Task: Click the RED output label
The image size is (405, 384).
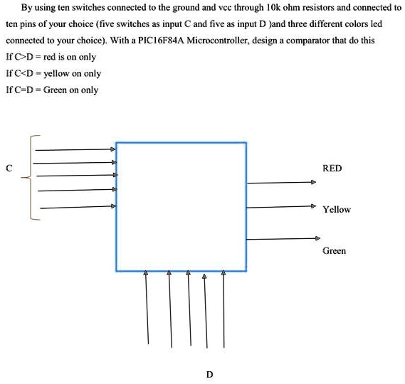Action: coord(332,169)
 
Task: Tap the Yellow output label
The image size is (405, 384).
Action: coord(337,209)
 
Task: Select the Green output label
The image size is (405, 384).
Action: coord(334,251)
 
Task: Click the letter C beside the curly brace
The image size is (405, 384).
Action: coord(9,169)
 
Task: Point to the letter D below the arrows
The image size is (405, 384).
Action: coord(210,375)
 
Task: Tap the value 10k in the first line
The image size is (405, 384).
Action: coord(272,8)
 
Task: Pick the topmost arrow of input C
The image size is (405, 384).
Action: coord(75,149)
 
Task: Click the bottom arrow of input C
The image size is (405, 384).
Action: coord(78,207)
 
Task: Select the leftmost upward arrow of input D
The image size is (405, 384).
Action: coord(147,307)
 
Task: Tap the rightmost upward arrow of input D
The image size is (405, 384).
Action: coord(223,309)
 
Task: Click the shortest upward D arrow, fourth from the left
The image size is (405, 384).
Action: coord(206,311)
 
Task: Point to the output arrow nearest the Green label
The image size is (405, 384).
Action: coord(283,239)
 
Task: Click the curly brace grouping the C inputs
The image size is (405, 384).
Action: coord(31,178)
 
